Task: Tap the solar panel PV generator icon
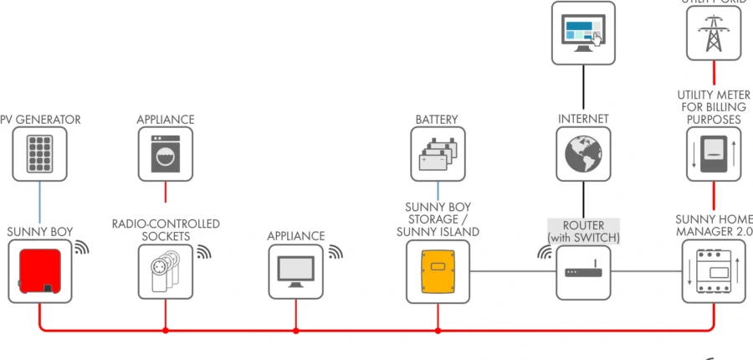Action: pos(39,154)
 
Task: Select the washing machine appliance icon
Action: pos(166,154)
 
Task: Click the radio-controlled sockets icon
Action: pos(165,271)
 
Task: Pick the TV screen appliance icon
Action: pos(295,271)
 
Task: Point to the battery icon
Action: pos(437,154)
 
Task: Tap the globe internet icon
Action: pos(583,154)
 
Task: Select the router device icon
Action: pos(583,272)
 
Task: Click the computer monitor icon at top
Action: pos(583,33)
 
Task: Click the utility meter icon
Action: pos(714,154)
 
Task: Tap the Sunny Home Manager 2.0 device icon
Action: pos(713,271)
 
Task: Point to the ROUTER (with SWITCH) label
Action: pos(583,232)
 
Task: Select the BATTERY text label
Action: pos(437,120)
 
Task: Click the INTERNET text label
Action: pos(583,120)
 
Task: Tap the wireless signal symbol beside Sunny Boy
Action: pos(81,248)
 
